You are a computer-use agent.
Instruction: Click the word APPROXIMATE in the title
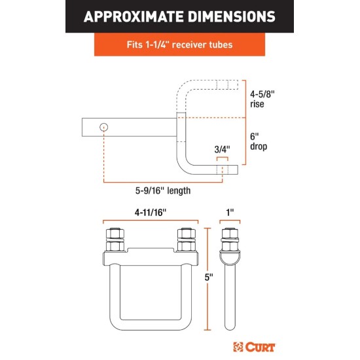tap(133, 16)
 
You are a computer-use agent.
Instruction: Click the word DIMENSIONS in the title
tap(232, 16)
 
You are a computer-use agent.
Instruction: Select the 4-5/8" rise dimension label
tap(262, 99)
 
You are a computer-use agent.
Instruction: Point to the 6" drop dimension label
tap(259, 141)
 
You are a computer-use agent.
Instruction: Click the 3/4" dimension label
tap(222, 149)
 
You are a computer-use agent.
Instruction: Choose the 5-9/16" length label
tap(163, 190)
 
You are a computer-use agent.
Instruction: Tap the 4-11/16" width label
tap(151, 213)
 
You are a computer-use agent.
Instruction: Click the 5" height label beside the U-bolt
tap(209, 278)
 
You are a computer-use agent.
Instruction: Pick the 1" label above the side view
tap(230, 213)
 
